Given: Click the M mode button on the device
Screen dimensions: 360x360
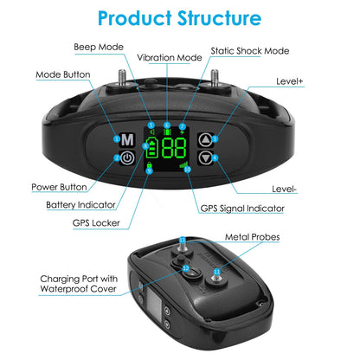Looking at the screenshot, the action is coord(127,140).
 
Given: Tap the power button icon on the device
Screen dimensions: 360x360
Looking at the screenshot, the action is coord(127,157).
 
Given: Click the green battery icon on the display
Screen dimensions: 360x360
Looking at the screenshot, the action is coord(151,147).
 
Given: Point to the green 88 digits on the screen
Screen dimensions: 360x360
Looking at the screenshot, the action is coord(174,148).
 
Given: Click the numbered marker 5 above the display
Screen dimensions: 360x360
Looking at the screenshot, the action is coord(151,125).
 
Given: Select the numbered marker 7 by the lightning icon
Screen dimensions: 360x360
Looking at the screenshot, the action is coord(183,126).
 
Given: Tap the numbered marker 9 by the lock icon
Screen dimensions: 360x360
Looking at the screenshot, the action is coord(149,170).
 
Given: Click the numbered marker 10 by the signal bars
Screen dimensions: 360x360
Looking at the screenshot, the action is coord(188,170).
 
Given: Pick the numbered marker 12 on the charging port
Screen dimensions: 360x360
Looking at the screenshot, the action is coord(186,268).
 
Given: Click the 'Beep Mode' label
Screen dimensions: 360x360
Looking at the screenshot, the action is coord(99,47).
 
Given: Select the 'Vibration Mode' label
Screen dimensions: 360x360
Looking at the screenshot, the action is coord(170,58).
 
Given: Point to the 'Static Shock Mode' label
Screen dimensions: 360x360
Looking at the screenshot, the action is coord(250,51).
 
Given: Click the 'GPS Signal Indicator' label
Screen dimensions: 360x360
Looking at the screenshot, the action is coord(242,209).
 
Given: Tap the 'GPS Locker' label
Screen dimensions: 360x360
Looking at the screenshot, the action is coord(96,223).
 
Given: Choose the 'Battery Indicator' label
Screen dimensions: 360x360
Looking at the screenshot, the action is coord(80,205).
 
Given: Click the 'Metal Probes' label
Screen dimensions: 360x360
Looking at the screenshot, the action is coord(253,237).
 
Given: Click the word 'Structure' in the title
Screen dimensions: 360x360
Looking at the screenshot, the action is coord(219,18).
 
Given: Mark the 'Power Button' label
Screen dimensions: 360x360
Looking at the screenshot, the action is coord(59,187).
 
